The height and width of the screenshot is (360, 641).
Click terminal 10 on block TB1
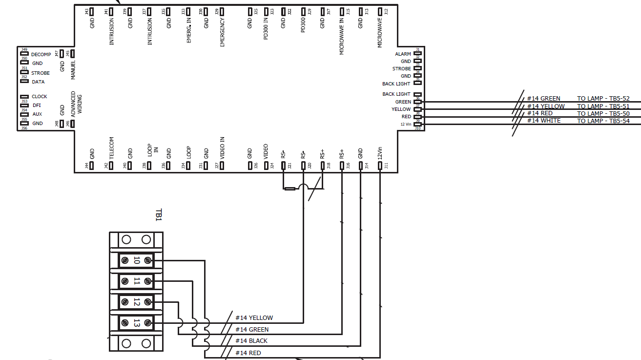tap(136, 261)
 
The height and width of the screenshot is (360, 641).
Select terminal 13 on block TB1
tap(136, 323)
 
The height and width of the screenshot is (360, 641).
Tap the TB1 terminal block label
tap(158, 215)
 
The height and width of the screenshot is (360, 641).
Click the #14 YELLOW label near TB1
tap(254, 318)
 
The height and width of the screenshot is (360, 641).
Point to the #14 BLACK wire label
tap(251, 341)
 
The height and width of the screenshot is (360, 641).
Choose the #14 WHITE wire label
tap(543, 121)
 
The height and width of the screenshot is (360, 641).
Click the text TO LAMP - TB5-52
tap(603, 99)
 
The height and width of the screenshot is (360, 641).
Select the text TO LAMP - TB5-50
tap(603, 113)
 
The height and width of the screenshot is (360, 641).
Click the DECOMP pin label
tap(41, 55)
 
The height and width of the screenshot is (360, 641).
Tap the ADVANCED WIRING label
tap(77, 103)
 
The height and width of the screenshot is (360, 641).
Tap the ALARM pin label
tap(403, 54)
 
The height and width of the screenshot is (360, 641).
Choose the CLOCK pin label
tap(40, 97)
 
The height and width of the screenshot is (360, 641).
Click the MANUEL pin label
tap(73, 69)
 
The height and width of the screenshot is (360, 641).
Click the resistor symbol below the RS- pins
tap(289, 189)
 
